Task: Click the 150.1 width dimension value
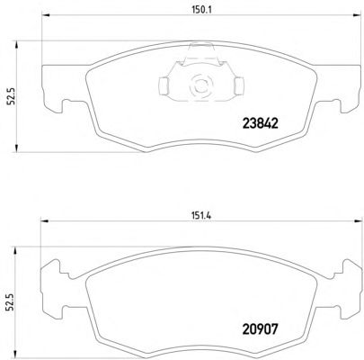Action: pyautogui.click(x=201, y=10)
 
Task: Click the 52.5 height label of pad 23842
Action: pyautogui.click(x=11, y=96)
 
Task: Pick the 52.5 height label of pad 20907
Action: pyautogui.click(x=11, y=303)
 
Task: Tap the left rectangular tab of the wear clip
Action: pyautogui.click(x=164, y=85)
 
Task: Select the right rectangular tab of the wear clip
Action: pyautogui.click(x=239, y=85)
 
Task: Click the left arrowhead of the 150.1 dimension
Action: pyautogui.click(x=45, y=15)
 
